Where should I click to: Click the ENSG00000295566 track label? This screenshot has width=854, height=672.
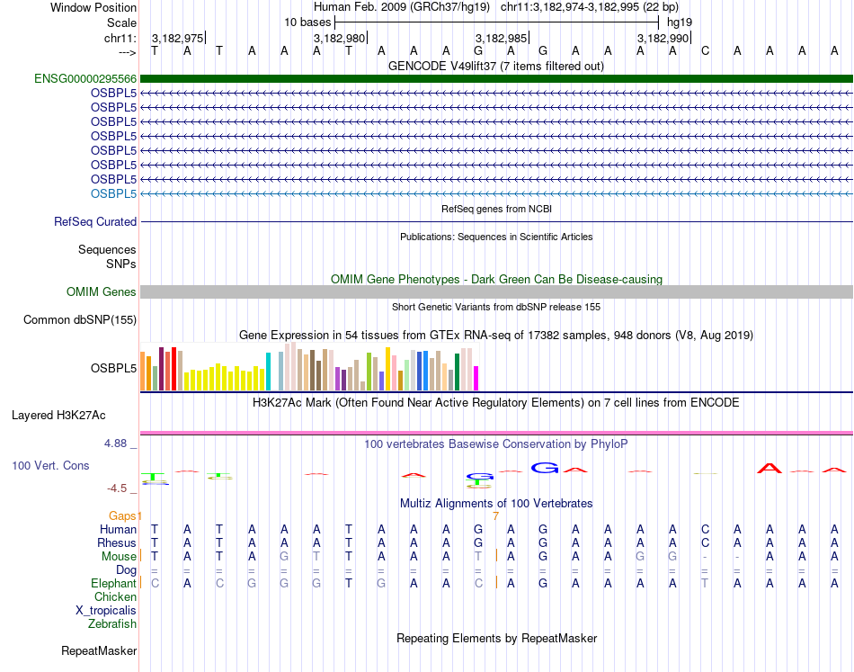click(85, 78)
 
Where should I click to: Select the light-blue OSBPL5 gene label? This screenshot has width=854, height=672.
click(113, 193)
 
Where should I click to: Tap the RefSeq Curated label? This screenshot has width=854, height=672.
click(95, 221)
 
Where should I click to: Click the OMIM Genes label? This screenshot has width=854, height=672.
click(102, 291)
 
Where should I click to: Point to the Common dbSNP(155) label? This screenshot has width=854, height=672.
click(80, 319)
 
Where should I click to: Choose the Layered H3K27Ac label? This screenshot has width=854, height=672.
click(58, 415)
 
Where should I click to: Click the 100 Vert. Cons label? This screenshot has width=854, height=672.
click(50, 465)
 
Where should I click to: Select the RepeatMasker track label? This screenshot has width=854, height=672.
click(99, 650)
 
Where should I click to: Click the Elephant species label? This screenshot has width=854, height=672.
click(113, 583)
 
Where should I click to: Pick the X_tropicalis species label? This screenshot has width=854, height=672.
click(106, 610)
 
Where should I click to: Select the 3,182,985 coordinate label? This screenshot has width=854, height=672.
click(501, 38)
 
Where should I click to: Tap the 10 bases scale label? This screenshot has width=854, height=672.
click(307, 22)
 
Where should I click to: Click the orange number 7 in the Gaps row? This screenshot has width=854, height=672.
click(496, 515)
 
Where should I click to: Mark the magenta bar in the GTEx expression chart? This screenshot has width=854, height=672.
click(476, 378)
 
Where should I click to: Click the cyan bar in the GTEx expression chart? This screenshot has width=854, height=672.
click(269, 371)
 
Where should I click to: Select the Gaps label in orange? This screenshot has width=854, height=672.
click(125, 515)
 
